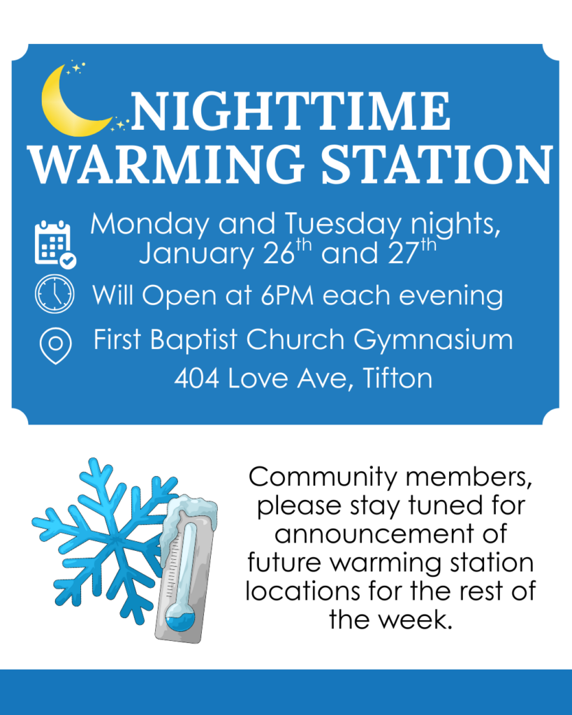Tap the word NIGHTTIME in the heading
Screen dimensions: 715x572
[289, 112]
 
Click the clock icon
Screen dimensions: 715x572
[54, 295]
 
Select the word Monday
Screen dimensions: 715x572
[150, 225]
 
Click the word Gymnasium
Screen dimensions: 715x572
[433, 341]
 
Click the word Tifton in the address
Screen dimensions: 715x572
[398, 378]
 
